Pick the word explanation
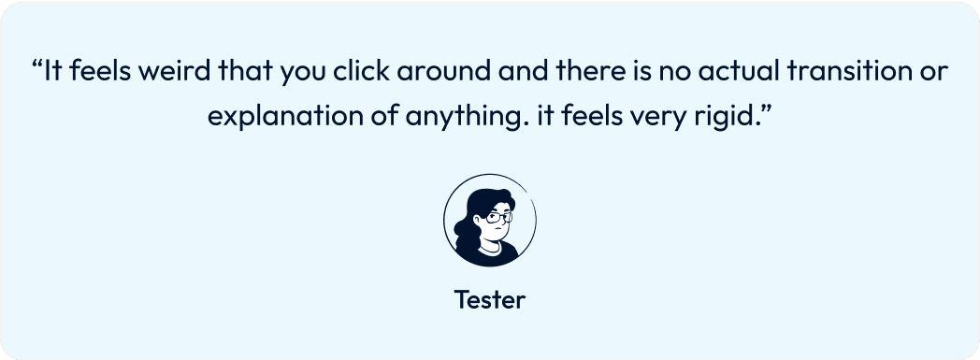pos(285,117)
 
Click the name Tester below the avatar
pos(489,300)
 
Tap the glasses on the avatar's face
pos(498,218)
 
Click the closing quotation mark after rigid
pos(768,110)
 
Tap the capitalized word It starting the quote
pos(53,71)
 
